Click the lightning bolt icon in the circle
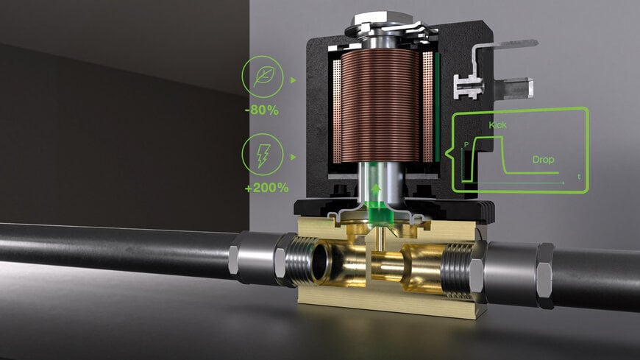tap(261, 156)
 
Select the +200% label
tap(266, 188)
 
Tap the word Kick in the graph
tap(497, 125)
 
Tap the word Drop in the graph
tap(543, 160)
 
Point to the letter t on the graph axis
tap(579, 177)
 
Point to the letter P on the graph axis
tap(466, 145)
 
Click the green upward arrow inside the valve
tap(377, 194)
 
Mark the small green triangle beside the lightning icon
tap(294, 157)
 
